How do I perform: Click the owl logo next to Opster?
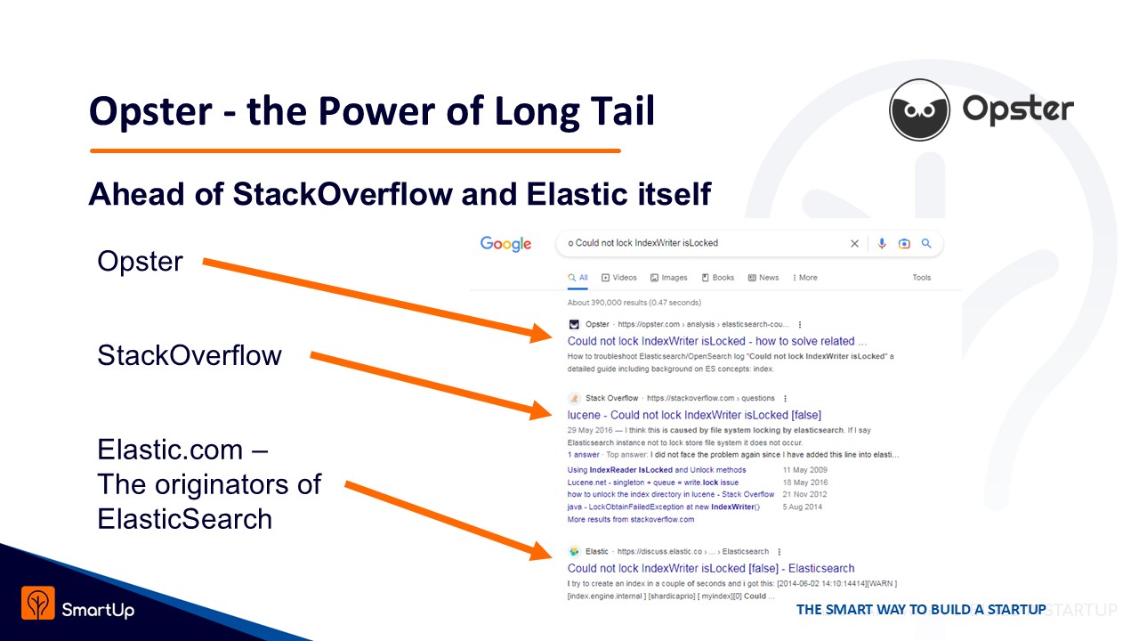[919, 110]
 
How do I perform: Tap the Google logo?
[506, 244]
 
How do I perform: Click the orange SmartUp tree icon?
[38, 603]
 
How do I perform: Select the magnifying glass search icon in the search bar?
[926, 244]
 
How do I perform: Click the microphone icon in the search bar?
[882, 244]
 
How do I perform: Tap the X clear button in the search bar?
[855, 244]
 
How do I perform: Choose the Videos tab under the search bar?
[618, 278]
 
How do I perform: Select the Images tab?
[668, 278]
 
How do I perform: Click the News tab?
[763, 278]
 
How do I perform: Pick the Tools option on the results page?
[921, 278]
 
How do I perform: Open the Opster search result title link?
[717, 341]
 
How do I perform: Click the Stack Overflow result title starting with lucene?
[694, 415]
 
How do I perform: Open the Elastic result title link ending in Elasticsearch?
[711, 568]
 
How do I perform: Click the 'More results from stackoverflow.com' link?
[631, 519]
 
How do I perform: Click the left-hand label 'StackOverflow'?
[190, 355]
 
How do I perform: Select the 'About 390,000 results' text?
[634, 303]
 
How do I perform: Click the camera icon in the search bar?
[904, 244]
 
